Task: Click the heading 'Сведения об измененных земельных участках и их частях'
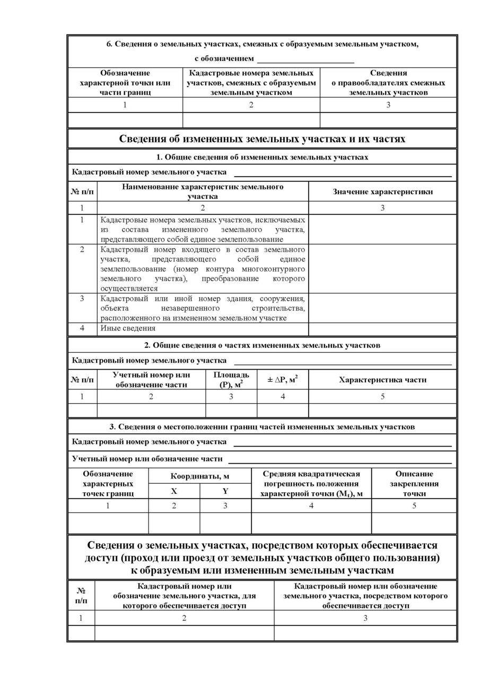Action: tap(262, 139)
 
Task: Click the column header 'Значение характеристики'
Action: tap(382, 191)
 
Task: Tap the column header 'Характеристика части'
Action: tap(382, 379)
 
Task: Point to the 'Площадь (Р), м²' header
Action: tap(231, 379)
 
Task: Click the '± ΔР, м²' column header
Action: tap(282, 379)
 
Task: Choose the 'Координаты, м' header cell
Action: tap(199, 476)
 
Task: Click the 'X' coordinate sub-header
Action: tap(174, 491)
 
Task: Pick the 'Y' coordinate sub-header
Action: tap(225, 491)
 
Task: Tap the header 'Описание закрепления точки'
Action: tap(414, 483)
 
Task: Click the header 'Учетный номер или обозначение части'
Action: tap(151, 379)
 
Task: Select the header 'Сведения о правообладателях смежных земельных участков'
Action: tap(388, 82)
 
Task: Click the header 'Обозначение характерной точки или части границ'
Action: tap(125, 82)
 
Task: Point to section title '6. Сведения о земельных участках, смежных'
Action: tap(262, 44)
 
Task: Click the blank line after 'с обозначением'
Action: tap(305, 59)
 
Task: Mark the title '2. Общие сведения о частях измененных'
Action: tap(262, 345)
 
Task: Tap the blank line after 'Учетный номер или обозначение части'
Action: tap(339, 459)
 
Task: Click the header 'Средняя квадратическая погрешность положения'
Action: tap(311, 483)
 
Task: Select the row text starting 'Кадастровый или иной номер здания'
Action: tap(203, 308)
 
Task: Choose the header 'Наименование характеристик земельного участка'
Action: tap(203, 191)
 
